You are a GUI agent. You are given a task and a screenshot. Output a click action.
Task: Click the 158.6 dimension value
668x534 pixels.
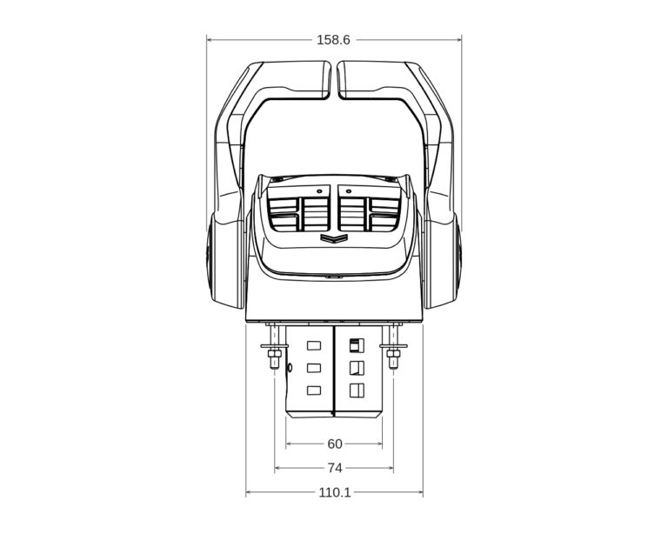(333, 40)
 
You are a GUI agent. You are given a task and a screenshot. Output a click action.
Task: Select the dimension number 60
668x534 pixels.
(335, 444)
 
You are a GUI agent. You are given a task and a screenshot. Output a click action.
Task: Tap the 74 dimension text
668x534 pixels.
(335, 468)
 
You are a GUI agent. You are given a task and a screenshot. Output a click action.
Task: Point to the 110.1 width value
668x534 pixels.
(335, 492)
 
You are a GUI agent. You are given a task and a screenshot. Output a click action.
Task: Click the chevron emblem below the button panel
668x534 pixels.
(334, 238)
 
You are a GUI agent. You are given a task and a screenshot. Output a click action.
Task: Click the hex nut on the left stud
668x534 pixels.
(273, 353)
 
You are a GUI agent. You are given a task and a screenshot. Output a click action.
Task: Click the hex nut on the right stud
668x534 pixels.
(395, 353)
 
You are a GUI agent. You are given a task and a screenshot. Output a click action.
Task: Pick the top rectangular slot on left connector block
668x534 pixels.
(314, 346)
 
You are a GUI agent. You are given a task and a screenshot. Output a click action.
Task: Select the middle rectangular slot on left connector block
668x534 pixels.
(314, 368)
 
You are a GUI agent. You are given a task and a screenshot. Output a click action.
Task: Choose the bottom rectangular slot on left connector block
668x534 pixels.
(314, 390)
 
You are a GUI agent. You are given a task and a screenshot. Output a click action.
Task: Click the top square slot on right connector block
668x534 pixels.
(355, 345)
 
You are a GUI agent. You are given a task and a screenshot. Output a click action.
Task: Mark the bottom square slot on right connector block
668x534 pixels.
(355, 390)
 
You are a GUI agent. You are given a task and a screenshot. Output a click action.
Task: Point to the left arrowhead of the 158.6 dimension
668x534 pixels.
(210, 39)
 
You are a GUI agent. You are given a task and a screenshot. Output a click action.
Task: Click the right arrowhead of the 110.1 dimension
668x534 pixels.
(420, 493)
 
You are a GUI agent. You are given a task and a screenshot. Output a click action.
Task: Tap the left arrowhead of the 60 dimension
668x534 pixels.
(289, 444)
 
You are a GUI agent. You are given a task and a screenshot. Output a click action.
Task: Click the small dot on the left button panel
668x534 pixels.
(320, 190)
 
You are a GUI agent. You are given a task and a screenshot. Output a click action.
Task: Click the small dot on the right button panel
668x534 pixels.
(349, 190)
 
